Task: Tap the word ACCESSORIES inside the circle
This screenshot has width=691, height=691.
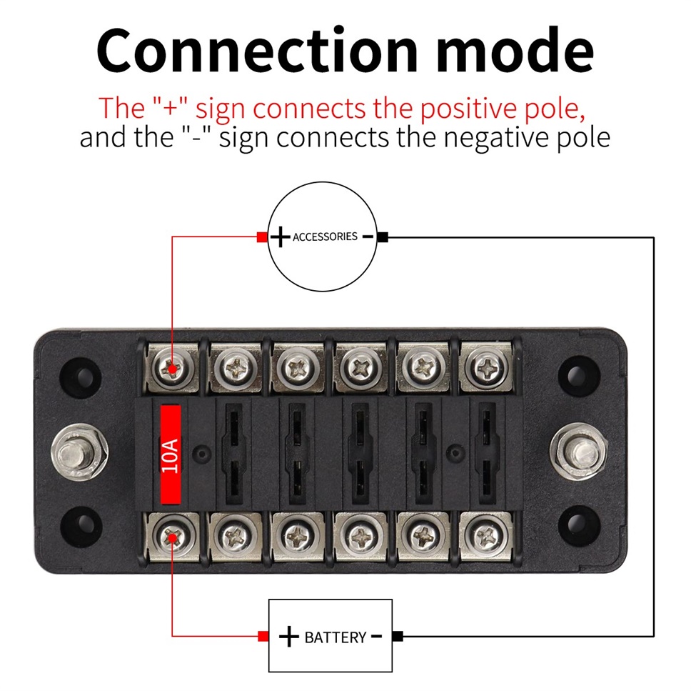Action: (x=325, y=237)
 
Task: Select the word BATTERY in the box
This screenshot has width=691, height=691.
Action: (x=336, y=637)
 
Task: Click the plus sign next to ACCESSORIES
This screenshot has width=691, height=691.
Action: (x=280, y=237)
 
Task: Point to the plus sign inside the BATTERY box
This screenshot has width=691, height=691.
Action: (x=289, y=637)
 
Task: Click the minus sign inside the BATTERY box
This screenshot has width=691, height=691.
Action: (x=376, y=636)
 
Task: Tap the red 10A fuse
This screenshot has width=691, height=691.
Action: (x=171, y=454)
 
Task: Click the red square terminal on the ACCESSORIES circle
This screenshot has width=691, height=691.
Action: (x=262, y=237)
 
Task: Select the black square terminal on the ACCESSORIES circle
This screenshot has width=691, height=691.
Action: (x=383, y=237)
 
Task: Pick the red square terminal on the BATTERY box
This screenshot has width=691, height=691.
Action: (x=263, y=636)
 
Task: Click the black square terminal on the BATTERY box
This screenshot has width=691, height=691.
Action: (x=398, y=636)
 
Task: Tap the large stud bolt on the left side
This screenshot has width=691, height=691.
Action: (x=79, y=452)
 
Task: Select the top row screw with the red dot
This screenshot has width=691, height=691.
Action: (x=172, y=367)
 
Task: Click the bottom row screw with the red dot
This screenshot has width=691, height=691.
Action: (x=172, y=537)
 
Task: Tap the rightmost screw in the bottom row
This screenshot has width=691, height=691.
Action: (x=485, y=537)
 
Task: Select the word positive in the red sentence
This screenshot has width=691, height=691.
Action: (x=467, y=109)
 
